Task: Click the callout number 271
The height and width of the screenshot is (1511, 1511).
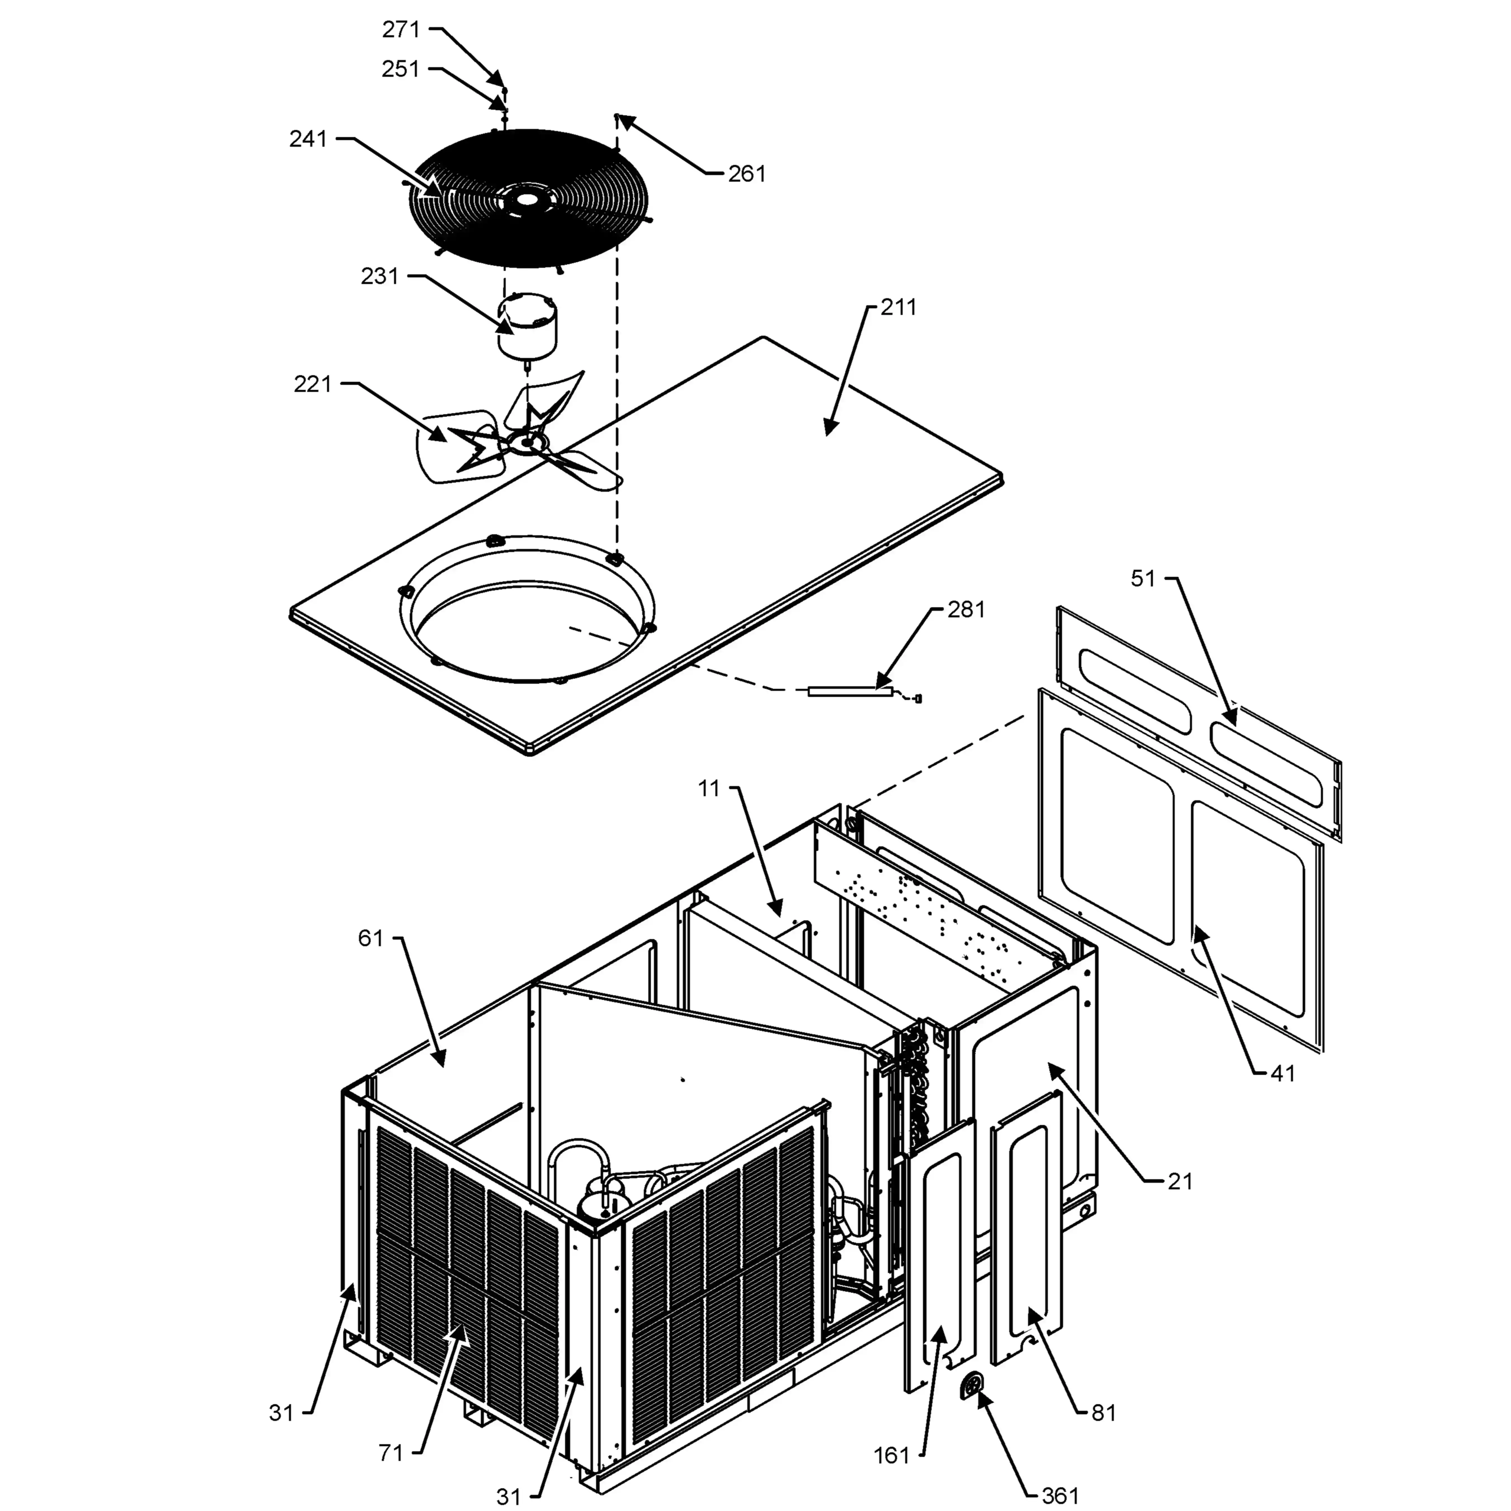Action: [401, 30]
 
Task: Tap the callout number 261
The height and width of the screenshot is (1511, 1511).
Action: [747, 174]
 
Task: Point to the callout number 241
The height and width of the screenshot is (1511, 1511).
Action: [308, 139]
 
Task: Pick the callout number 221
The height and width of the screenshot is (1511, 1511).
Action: [313, 384]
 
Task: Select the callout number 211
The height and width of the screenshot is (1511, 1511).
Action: [899, 307]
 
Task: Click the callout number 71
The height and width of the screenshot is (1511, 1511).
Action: [391, 1453]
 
